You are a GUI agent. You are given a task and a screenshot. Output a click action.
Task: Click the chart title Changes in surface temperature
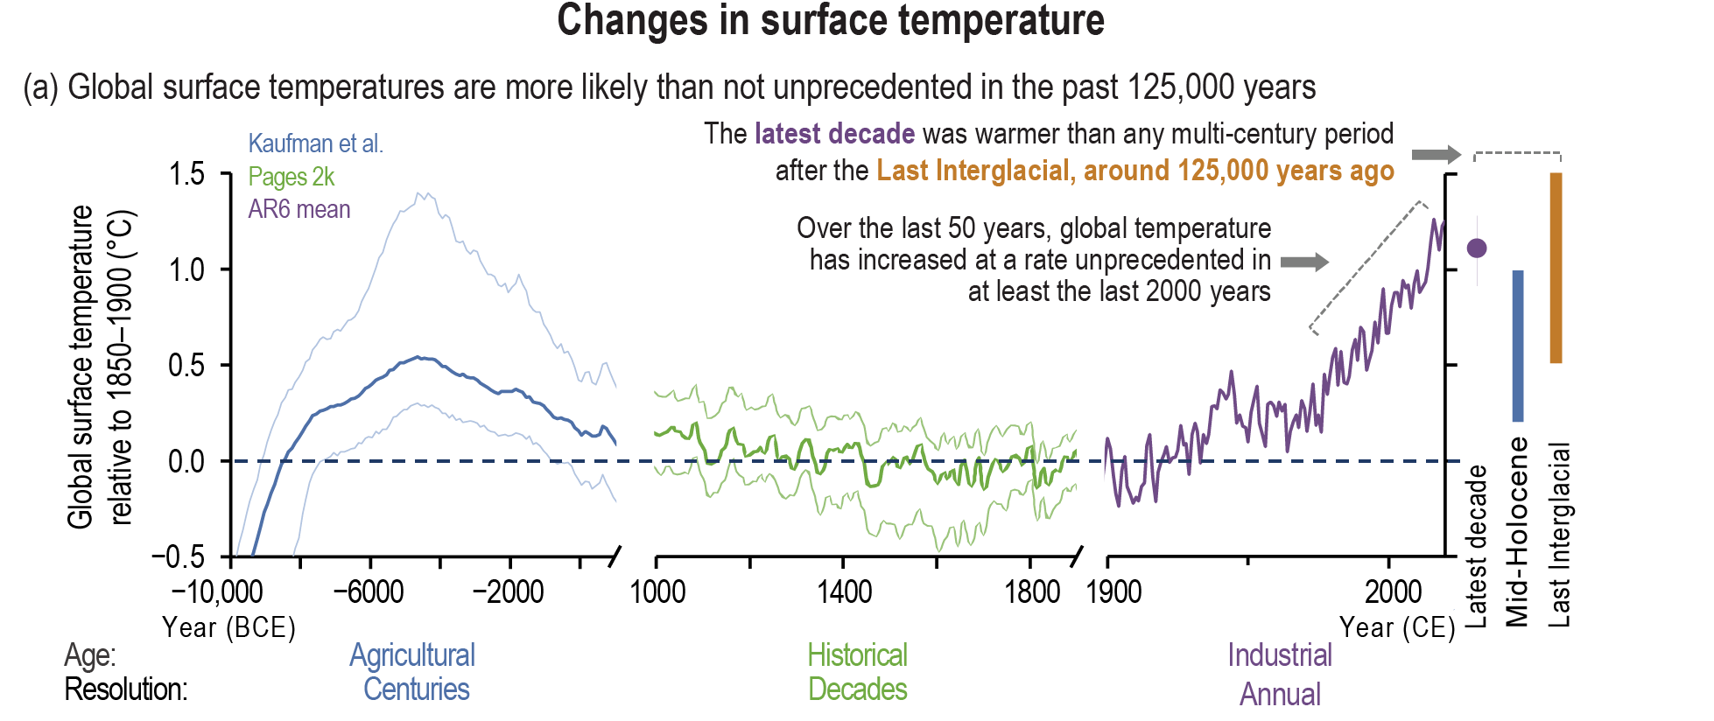[830, 21]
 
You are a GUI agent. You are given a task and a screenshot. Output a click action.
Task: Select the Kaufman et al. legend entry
[315, 143]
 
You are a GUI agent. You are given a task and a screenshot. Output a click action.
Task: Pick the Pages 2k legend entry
[291, 177]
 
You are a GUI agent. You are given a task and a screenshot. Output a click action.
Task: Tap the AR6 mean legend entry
[299, 210]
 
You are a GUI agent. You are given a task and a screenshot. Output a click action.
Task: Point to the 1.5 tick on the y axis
[186, 174]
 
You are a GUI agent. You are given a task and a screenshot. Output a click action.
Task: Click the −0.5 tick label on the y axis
[178, 557]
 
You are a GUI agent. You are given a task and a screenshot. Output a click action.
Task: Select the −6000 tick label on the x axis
[369, 592]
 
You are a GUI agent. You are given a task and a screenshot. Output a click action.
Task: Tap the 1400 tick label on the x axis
[844, 592]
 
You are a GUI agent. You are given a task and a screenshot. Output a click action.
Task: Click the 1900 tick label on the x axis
[1113, 592]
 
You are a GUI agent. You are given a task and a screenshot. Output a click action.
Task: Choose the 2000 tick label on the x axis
[1393, 592]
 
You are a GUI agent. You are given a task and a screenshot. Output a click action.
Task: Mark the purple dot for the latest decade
[1477, 248]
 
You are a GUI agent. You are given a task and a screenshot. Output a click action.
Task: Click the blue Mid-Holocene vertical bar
[1518, 346]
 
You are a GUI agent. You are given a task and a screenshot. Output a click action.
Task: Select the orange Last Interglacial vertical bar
[1556, 268]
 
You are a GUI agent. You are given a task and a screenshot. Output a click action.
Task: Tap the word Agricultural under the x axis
[412, 655]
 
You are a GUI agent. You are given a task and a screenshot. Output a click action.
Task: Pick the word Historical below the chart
[857, 655]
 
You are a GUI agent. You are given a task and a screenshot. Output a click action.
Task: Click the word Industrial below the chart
[1279, 655]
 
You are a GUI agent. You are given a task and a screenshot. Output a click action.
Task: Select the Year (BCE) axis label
[228, 627]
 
